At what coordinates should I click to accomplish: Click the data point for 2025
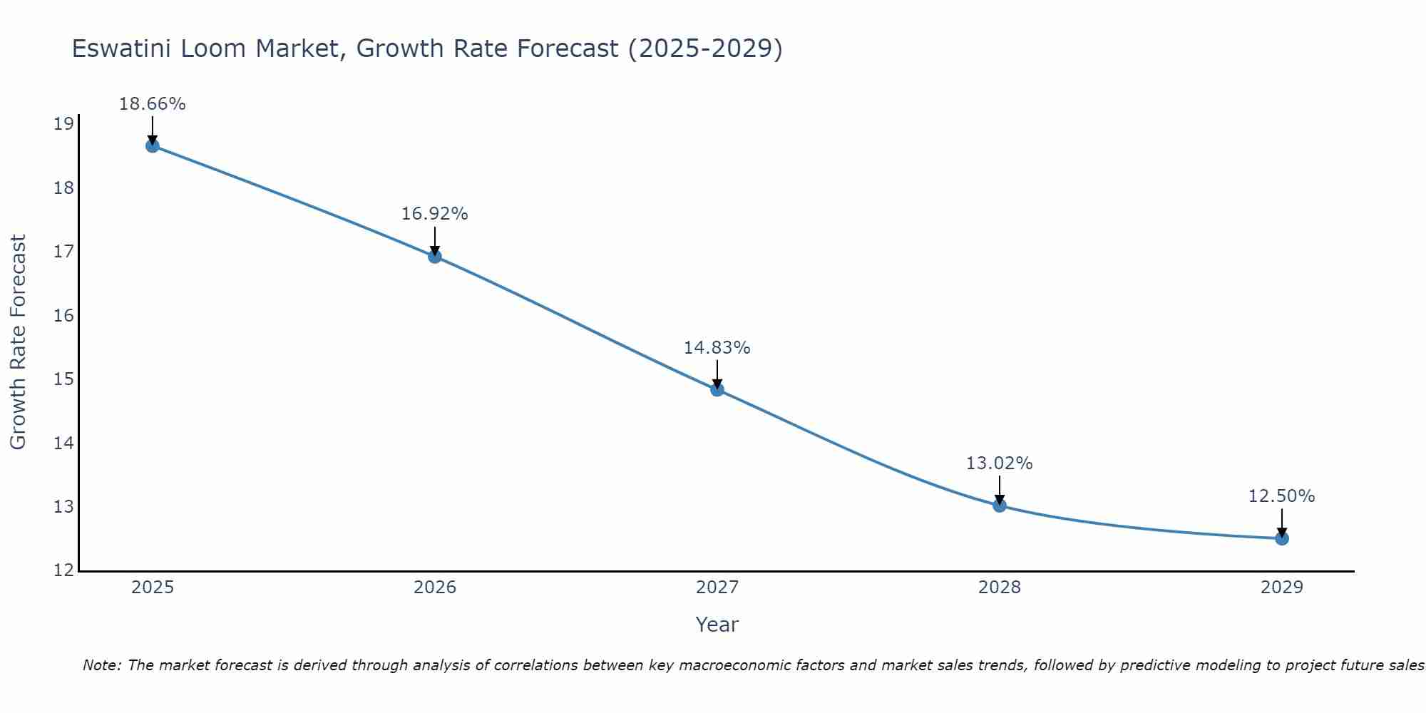153,146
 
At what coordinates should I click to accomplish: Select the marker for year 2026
435,257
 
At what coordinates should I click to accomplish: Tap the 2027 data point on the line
717,389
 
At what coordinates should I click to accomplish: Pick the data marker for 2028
1000,506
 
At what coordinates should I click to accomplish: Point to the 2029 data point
1282,538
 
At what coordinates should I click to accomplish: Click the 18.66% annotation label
153,104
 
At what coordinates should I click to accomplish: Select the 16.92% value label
435,214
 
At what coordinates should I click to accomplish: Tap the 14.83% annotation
717,348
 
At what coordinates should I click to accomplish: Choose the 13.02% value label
1000,463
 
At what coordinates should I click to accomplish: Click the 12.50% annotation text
1282,496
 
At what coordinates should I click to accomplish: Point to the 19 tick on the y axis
63,125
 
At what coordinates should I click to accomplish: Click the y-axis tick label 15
63,379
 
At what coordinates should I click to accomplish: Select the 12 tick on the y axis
63,570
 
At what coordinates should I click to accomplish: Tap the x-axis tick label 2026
435,588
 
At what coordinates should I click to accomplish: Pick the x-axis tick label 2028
1000,588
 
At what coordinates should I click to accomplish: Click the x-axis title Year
717,625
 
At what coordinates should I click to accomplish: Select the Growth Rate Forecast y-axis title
19,342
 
